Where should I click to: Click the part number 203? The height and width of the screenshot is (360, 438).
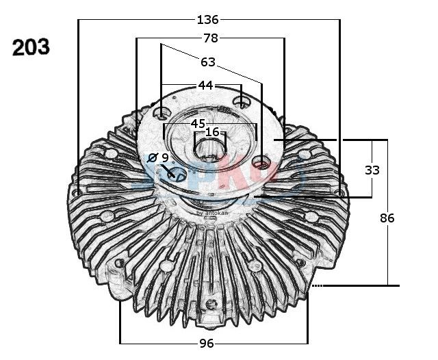click(x=30, y=47)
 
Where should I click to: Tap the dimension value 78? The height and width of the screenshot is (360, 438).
click(x=210, y=38)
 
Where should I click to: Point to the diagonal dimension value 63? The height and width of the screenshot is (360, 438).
click(x=208, y=62)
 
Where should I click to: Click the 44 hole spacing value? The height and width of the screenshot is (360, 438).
click(x=205, y=85)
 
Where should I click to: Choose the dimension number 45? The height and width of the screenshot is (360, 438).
click(x=198, y=123)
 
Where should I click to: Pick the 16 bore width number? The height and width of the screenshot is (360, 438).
click(x=212, y=132)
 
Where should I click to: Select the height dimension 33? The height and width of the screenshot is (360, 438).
click(x=372, y=170)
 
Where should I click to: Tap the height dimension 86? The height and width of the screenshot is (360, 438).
click(x=387, y=218)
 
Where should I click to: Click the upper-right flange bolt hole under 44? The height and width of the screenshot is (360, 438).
click(x=240, y=103)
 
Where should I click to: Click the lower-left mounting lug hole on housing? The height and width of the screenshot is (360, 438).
click(x=119, y=263)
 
